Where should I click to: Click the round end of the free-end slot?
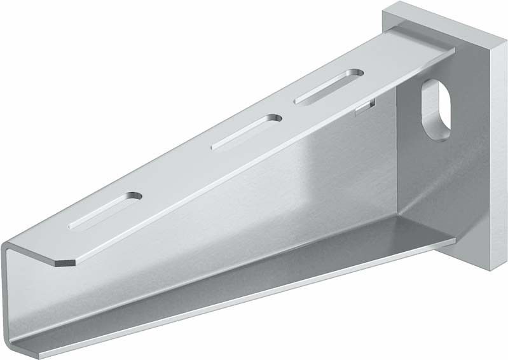point(136,196)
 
